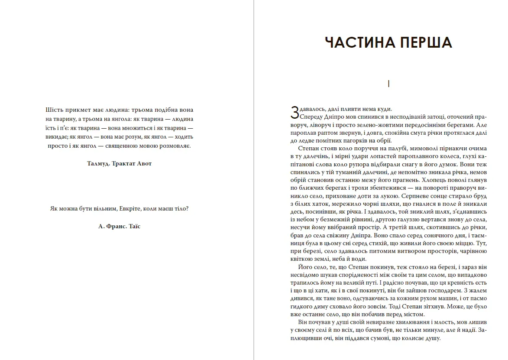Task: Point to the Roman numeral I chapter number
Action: coord(389,84)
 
